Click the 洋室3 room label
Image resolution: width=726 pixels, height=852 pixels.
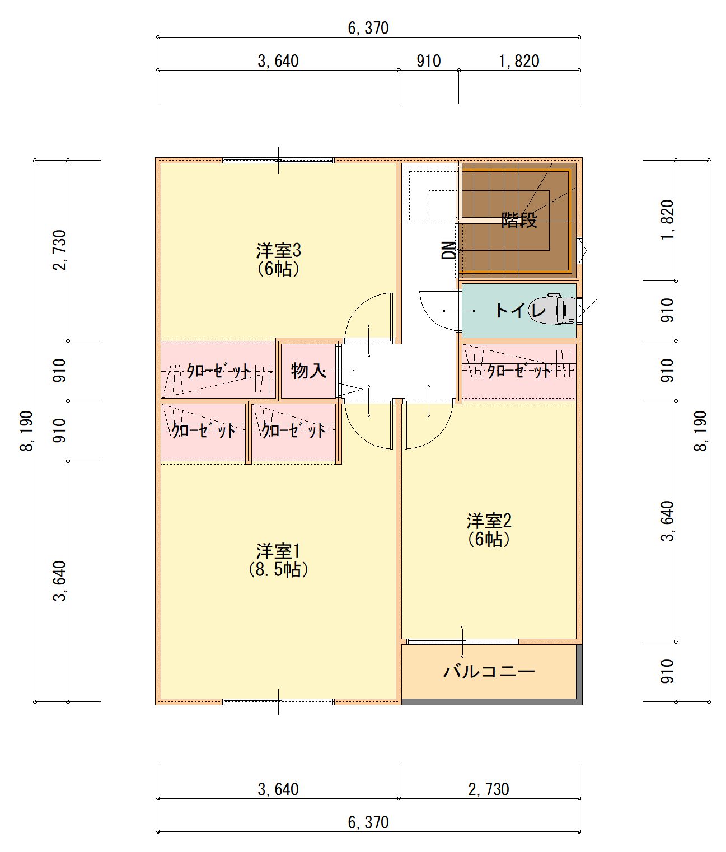click(x=278, y=251)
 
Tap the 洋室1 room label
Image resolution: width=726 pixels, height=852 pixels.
click(x=278, y=551)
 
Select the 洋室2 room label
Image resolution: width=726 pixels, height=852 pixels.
click(x=489, y=521)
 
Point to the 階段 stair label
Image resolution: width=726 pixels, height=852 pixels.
click(x=519, y=220)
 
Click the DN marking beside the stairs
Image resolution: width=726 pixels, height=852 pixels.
click(x=449, y=250)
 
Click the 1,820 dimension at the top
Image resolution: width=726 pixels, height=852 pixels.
click(x=519, y=61)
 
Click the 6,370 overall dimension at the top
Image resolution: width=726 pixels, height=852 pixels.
click(x=368, y=28)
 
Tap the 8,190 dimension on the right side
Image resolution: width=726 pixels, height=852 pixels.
click(x=700, y=430)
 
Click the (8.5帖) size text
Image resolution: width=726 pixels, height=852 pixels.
click(x=278, y=570)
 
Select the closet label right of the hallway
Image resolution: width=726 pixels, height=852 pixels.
click(x=519, y=371)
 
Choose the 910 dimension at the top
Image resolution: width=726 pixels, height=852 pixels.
click(x=429, y=61)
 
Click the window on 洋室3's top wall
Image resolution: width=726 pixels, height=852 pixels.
click(x=278, y=160)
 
